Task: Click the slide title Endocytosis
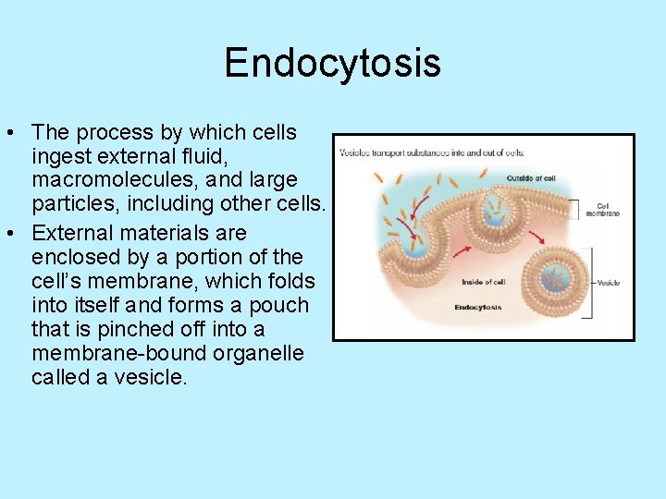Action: (x=332, y=64)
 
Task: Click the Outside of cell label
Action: (x=531, y=177)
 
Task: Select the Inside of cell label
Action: (x=483, y=281)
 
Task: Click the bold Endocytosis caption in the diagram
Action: (x=479, y=307)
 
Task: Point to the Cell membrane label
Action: (x=602, y=210)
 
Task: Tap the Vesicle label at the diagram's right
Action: (x=609, y=282)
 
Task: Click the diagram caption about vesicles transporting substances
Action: (x=431, y=152)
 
